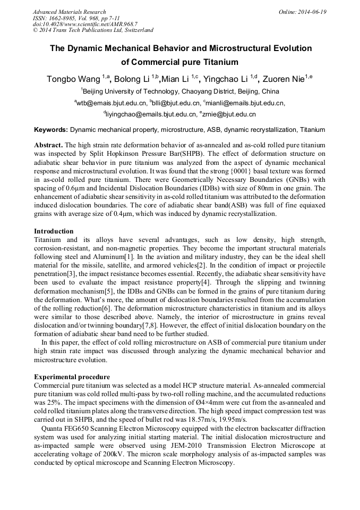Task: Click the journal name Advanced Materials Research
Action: click(x=69, y=12)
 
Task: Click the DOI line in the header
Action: click(x=85, y=24)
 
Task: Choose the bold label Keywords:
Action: click(x=51, y=130)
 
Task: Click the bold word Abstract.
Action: click(x=49, y=145)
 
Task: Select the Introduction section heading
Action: click(x=54, y=231)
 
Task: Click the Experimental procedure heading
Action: click(x=72, y=377)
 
